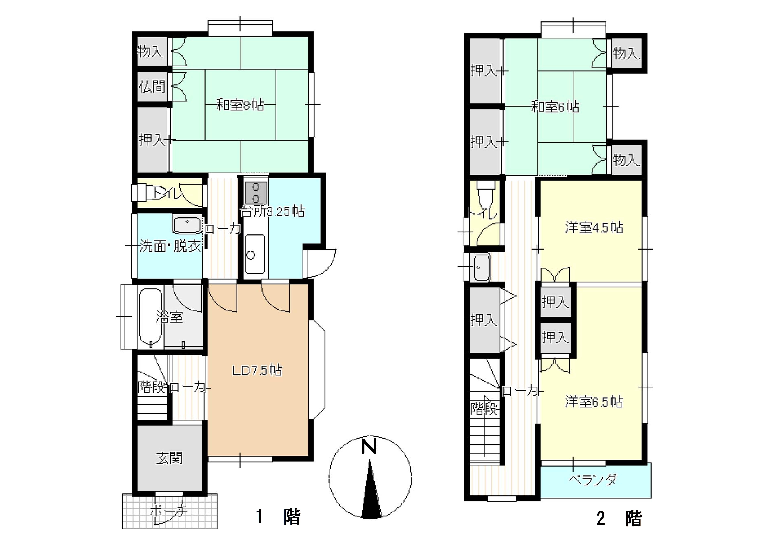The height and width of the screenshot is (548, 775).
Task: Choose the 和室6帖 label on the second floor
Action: tap(555, 107)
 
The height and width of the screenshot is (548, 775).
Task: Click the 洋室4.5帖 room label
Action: tap(594, 228)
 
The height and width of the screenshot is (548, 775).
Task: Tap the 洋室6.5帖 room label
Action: tap(594, 402)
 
